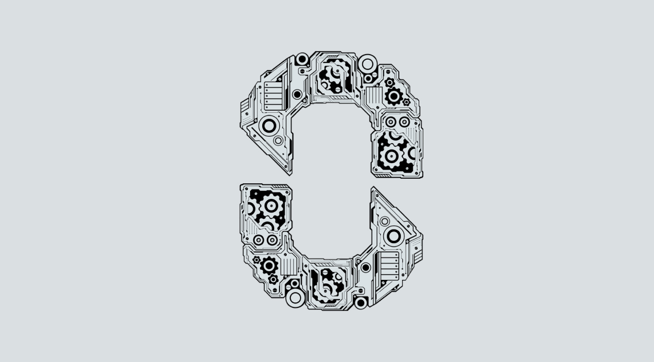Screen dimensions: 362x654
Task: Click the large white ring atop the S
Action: (367, 61)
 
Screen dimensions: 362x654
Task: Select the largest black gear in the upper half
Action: (394, 95)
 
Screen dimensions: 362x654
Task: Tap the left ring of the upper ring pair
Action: (391, 122)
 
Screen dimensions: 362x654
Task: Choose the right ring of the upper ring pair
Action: (404, 122)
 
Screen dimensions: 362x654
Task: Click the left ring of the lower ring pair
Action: (259, 239)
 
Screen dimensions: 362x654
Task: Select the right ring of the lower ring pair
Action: (272, 239)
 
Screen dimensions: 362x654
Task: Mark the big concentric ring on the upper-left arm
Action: (268, 125)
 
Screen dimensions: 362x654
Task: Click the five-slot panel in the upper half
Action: (273, 95)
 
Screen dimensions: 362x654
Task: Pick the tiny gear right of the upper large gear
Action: (406, 102)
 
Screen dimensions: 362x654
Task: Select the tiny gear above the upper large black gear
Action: (390, 82)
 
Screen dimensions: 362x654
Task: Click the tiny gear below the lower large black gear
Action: (273, 279)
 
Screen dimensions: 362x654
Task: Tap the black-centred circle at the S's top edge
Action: (302, 59)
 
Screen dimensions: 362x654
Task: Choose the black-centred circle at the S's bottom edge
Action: (361, 302)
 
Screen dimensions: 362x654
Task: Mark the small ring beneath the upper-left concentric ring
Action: (278, 141)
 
